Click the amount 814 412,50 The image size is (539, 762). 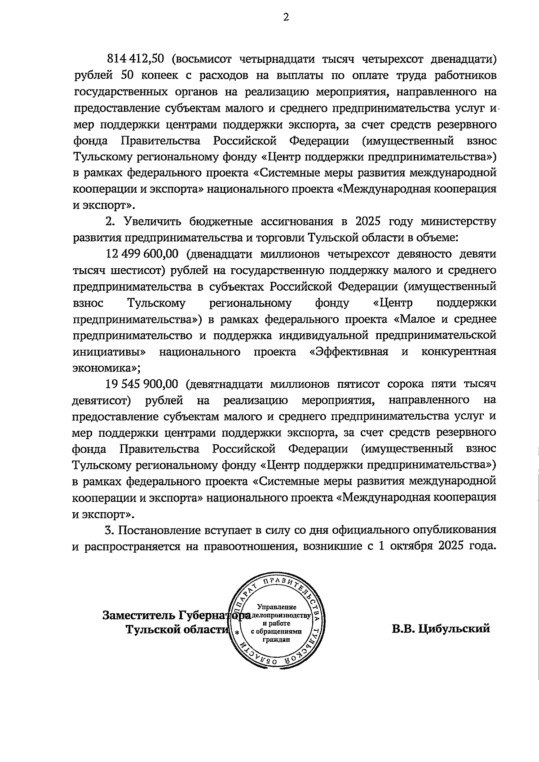[x=136, y=59]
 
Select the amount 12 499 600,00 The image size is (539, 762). [x=142, y=254]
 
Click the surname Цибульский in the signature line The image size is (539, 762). [x=454, y=629]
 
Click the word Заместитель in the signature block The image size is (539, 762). [x=138, y=615]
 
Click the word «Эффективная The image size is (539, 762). [x=349, y=352]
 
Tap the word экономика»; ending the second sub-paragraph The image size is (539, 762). [x=106, y=368]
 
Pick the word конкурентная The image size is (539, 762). [x=459, y=352]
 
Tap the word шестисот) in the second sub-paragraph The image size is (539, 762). [x=124, y=270]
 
